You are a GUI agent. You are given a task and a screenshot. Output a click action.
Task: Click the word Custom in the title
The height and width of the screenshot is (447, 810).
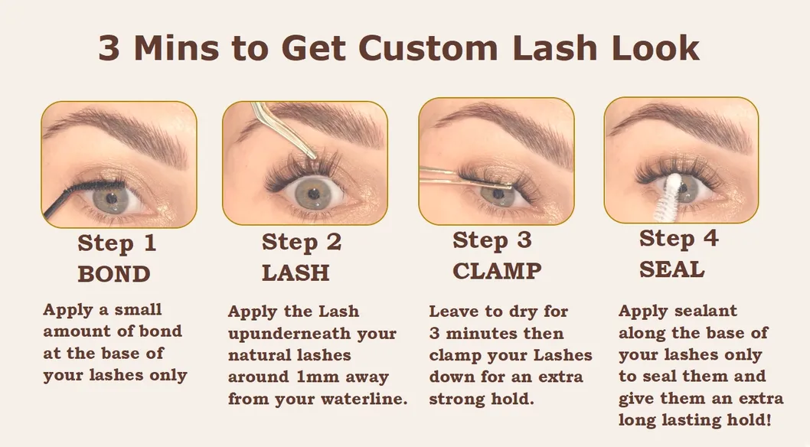428,48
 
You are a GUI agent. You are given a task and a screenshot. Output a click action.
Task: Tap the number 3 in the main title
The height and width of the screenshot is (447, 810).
109,48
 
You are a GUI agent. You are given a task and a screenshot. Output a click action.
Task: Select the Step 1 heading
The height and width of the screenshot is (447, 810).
116,243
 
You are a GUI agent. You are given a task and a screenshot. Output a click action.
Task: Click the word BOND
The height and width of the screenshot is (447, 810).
113,274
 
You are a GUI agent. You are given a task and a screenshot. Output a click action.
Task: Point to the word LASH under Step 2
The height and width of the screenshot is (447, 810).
296,272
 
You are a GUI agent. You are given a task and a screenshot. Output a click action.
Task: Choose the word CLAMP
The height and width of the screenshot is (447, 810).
497,271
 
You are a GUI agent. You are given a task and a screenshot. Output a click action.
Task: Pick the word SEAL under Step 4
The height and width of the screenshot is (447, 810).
671,269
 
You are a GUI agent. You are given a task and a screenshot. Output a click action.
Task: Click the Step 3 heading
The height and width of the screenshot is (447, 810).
492,240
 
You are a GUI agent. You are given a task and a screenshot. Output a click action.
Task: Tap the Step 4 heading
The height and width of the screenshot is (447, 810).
678,239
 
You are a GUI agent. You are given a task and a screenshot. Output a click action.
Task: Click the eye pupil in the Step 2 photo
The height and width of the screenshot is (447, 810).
312,194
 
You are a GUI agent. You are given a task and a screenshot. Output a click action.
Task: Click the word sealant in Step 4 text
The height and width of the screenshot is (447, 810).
706,311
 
